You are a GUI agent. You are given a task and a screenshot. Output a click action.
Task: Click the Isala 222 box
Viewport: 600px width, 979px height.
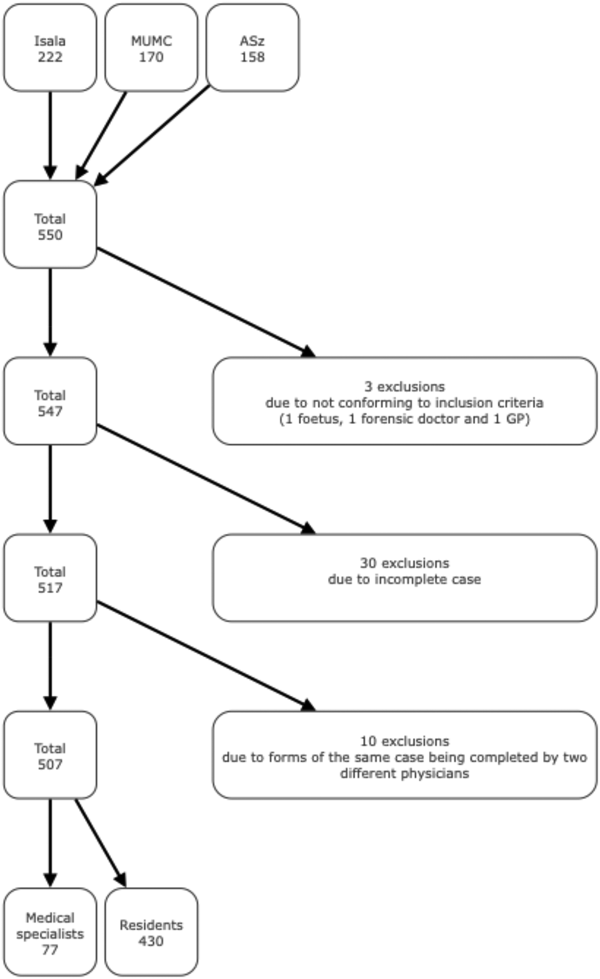[50, 48]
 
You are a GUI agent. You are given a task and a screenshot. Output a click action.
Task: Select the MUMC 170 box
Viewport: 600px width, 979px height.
[151, 48]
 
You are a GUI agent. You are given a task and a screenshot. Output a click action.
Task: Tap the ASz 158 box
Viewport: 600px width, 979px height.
[252, 48]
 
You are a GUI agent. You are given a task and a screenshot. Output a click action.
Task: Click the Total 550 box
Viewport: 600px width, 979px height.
[50, 224]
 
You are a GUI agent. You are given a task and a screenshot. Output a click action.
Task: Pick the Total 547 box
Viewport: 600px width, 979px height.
[50, 401]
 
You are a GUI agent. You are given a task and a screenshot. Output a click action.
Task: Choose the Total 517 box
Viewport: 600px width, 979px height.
[50, 578]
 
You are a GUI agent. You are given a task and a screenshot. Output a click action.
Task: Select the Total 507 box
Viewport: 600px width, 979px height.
[50, 755]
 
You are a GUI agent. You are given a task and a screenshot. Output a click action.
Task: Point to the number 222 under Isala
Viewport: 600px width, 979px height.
[50, 57]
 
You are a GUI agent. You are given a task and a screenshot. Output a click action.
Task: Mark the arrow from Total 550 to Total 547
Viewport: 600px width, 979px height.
[50, 312]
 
